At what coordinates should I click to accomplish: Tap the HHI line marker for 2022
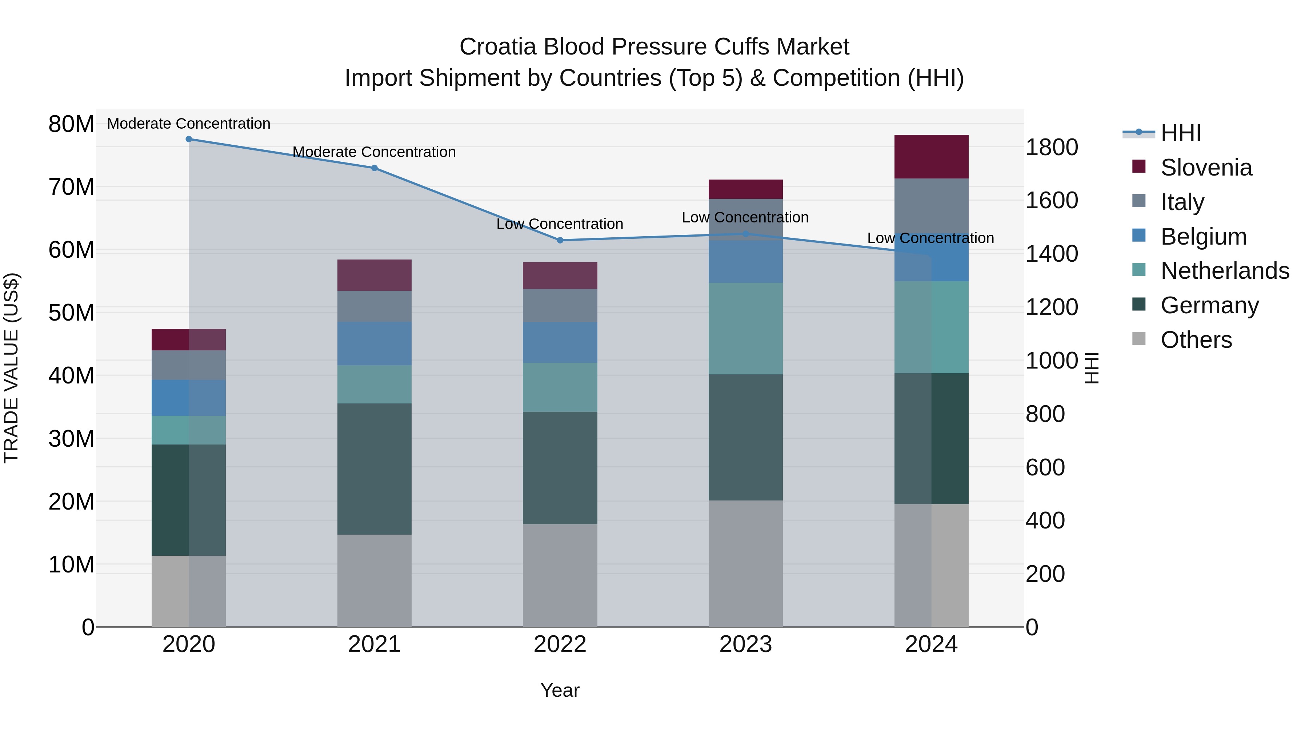coord(560,240)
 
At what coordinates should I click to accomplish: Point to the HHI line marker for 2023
coord(745,234)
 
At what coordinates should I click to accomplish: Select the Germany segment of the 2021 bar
coord(374,468)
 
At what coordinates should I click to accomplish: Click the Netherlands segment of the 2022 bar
coord(560,387)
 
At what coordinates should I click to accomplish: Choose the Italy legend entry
coord(1182,202)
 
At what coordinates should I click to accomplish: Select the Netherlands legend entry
coord(1225,271)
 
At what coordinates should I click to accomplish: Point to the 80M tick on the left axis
coord(71,124)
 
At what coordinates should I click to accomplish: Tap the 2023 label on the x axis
coord(745,644)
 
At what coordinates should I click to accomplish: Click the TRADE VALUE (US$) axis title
coord(11,368)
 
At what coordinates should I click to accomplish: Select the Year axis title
coord(560,690)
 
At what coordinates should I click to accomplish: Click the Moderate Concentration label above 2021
coord(374,152)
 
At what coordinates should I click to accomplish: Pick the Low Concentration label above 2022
coord(560,224)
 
